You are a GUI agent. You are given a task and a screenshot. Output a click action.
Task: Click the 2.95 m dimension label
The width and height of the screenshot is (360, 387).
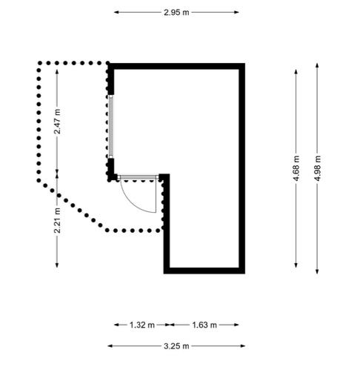[176, 13]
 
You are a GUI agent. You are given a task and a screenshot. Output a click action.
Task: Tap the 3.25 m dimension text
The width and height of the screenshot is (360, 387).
[176, 346]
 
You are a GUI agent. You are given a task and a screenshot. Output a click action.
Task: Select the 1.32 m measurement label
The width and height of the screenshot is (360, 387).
[142, 325]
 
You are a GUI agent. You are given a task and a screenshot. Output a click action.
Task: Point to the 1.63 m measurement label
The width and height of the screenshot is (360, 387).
[204, 325]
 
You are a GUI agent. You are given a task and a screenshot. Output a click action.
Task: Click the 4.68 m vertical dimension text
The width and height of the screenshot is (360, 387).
[296, 168]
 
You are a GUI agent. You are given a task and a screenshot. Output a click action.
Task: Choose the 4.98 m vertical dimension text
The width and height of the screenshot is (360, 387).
[317, 168]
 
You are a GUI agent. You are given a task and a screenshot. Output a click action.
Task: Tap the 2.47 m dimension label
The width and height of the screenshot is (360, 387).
[57, 122]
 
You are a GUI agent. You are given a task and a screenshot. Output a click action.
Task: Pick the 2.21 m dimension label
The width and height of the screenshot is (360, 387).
[57, 221]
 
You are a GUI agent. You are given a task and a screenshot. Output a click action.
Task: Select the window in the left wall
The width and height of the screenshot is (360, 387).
[111, 127]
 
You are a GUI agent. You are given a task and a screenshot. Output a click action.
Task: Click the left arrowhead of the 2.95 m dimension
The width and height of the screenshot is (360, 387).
[116, 12]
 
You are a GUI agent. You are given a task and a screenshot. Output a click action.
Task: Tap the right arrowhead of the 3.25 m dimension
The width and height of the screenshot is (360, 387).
[242, 346]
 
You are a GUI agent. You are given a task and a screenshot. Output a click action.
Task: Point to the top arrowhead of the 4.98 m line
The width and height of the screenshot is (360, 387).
[317, 66]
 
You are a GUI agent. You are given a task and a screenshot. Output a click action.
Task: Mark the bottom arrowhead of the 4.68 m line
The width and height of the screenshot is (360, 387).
[296, 265]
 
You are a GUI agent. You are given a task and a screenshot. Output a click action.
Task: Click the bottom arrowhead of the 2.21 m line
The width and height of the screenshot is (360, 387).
[57, 265]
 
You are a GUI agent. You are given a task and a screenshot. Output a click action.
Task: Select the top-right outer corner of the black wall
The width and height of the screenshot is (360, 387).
[245, 64]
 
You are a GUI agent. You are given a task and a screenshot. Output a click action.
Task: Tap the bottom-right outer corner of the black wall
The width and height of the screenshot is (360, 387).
[245, 274]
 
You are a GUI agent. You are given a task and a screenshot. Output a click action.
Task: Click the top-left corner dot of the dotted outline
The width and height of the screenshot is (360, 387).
[39, 63]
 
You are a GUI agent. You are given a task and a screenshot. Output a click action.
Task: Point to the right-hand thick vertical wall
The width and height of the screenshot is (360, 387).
[242, 168]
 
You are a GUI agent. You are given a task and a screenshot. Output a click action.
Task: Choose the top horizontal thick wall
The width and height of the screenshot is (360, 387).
[176, 66]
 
